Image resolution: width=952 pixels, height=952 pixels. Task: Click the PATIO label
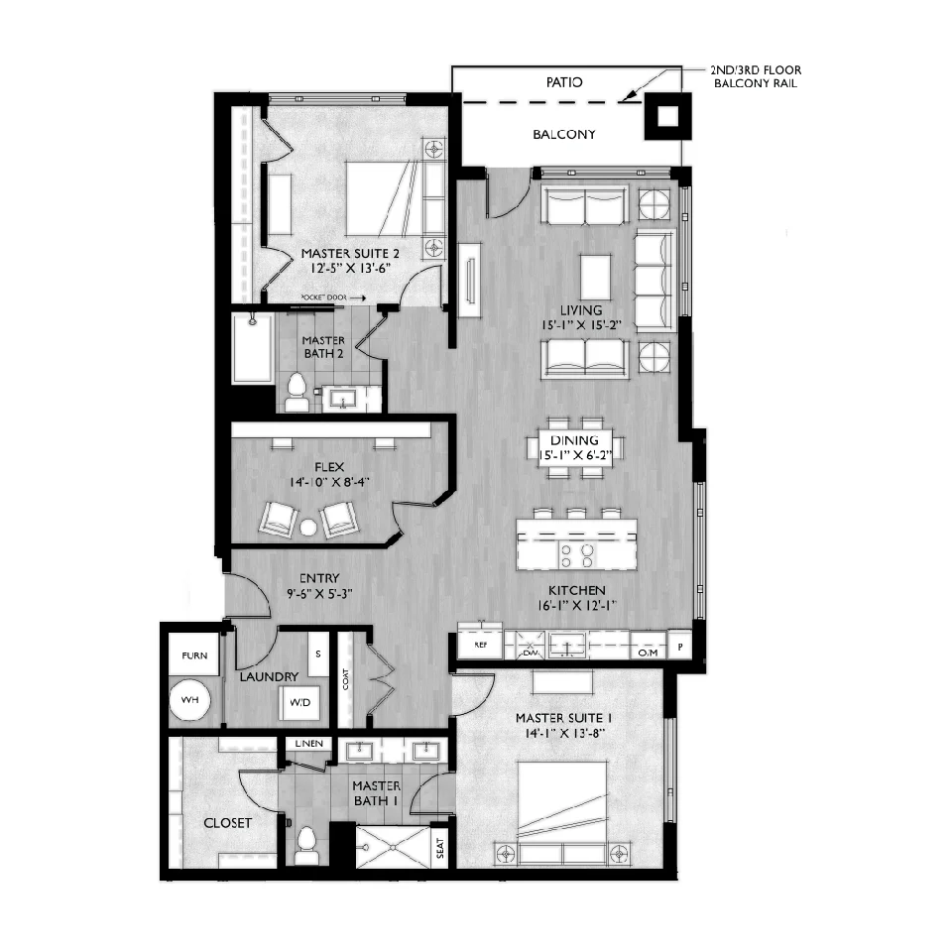564,82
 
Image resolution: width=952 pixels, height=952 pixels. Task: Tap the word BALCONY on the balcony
564,134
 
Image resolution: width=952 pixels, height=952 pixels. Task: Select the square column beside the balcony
667,116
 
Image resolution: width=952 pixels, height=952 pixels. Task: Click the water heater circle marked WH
189,700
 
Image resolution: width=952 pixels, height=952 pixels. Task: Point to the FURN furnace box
194,654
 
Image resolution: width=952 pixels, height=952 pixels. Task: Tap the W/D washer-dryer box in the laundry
299,703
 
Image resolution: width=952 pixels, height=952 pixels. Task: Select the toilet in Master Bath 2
297,393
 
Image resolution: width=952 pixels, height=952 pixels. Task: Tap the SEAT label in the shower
440,848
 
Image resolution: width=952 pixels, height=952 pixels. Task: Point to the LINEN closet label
309,743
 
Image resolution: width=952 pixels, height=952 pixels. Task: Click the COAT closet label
345,679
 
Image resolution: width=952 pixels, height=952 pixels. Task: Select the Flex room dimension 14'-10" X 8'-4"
329,482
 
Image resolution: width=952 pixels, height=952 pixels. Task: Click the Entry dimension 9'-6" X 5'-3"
319,593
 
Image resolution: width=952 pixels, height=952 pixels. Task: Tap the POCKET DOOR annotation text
323,297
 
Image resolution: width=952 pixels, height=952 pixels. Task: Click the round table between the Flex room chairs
308,528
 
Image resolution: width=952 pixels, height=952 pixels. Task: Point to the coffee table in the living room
595,278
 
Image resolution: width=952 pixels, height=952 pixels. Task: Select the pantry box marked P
680,647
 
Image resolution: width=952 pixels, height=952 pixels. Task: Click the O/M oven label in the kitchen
648,653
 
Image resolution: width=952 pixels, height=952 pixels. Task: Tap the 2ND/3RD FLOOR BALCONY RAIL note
756,76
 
